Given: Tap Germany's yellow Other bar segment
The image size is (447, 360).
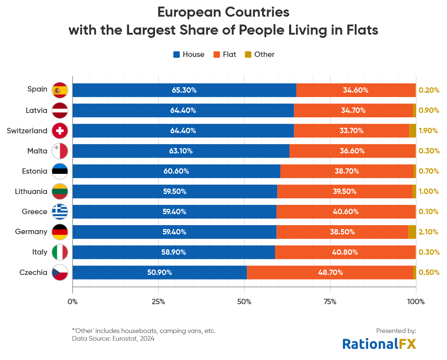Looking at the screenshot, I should [412, 232].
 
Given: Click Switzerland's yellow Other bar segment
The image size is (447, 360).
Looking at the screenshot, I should [412, 131].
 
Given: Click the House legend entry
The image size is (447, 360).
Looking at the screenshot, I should [189, 54].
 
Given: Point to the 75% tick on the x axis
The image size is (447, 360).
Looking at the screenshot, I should [330, 302].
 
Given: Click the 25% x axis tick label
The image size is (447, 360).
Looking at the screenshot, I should [158, 302].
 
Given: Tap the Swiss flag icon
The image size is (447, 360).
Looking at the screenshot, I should [60, 131].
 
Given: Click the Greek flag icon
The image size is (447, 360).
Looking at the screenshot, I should [60, 212].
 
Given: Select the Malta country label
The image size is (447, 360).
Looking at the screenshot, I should [37, 151].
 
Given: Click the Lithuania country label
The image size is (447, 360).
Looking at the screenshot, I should [31, 192].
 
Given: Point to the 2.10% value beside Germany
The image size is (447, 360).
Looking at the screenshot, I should [428, 232].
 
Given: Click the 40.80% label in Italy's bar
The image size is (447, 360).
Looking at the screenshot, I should [345, 252].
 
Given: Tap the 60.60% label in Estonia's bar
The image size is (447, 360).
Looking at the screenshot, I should [176, 171].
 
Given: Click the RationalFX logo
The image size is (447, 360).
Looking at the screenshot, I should [379, 344].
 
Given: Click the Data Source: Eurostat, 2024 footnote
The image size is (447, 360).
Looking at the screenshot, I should [113, 338].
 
